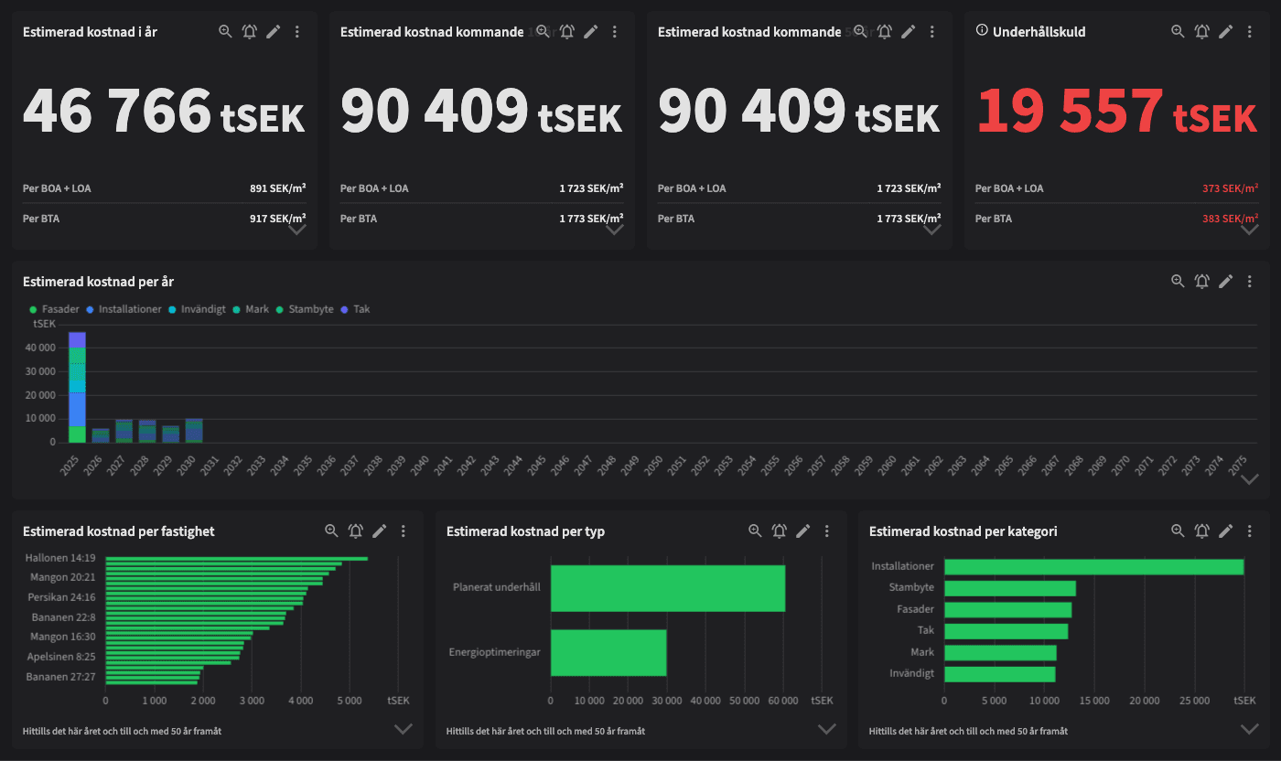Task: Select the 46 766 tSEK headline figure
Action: (x=163, y=113)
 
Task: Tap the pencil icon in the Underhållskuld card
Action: (x=1226, y=31)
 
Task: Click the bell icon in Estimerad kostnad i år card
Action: (x=249, y=31)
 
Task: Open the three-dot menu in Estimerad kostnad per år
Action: (x=1250, y=282)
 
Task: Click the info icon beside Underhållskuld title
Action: (x=982, y=31)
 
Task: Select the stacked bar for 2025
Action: (x=77, y=388)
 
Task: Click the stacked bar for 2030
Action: (x=193, y=431)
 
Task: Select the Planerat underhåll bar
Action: (x=667, y=588)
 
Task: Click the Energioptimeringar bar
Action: (x=608, y=652)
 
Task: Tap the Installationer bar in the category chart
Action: (x=1093, y=567)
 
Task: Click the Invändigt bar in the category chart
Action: (x=999, y=674)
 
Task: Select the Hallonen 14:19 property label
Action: (x=60, y=557)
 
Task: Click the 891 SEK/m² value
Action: (x=277, y=188)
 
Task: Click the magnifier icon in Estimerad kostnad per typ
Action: (x=755, y=531)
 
